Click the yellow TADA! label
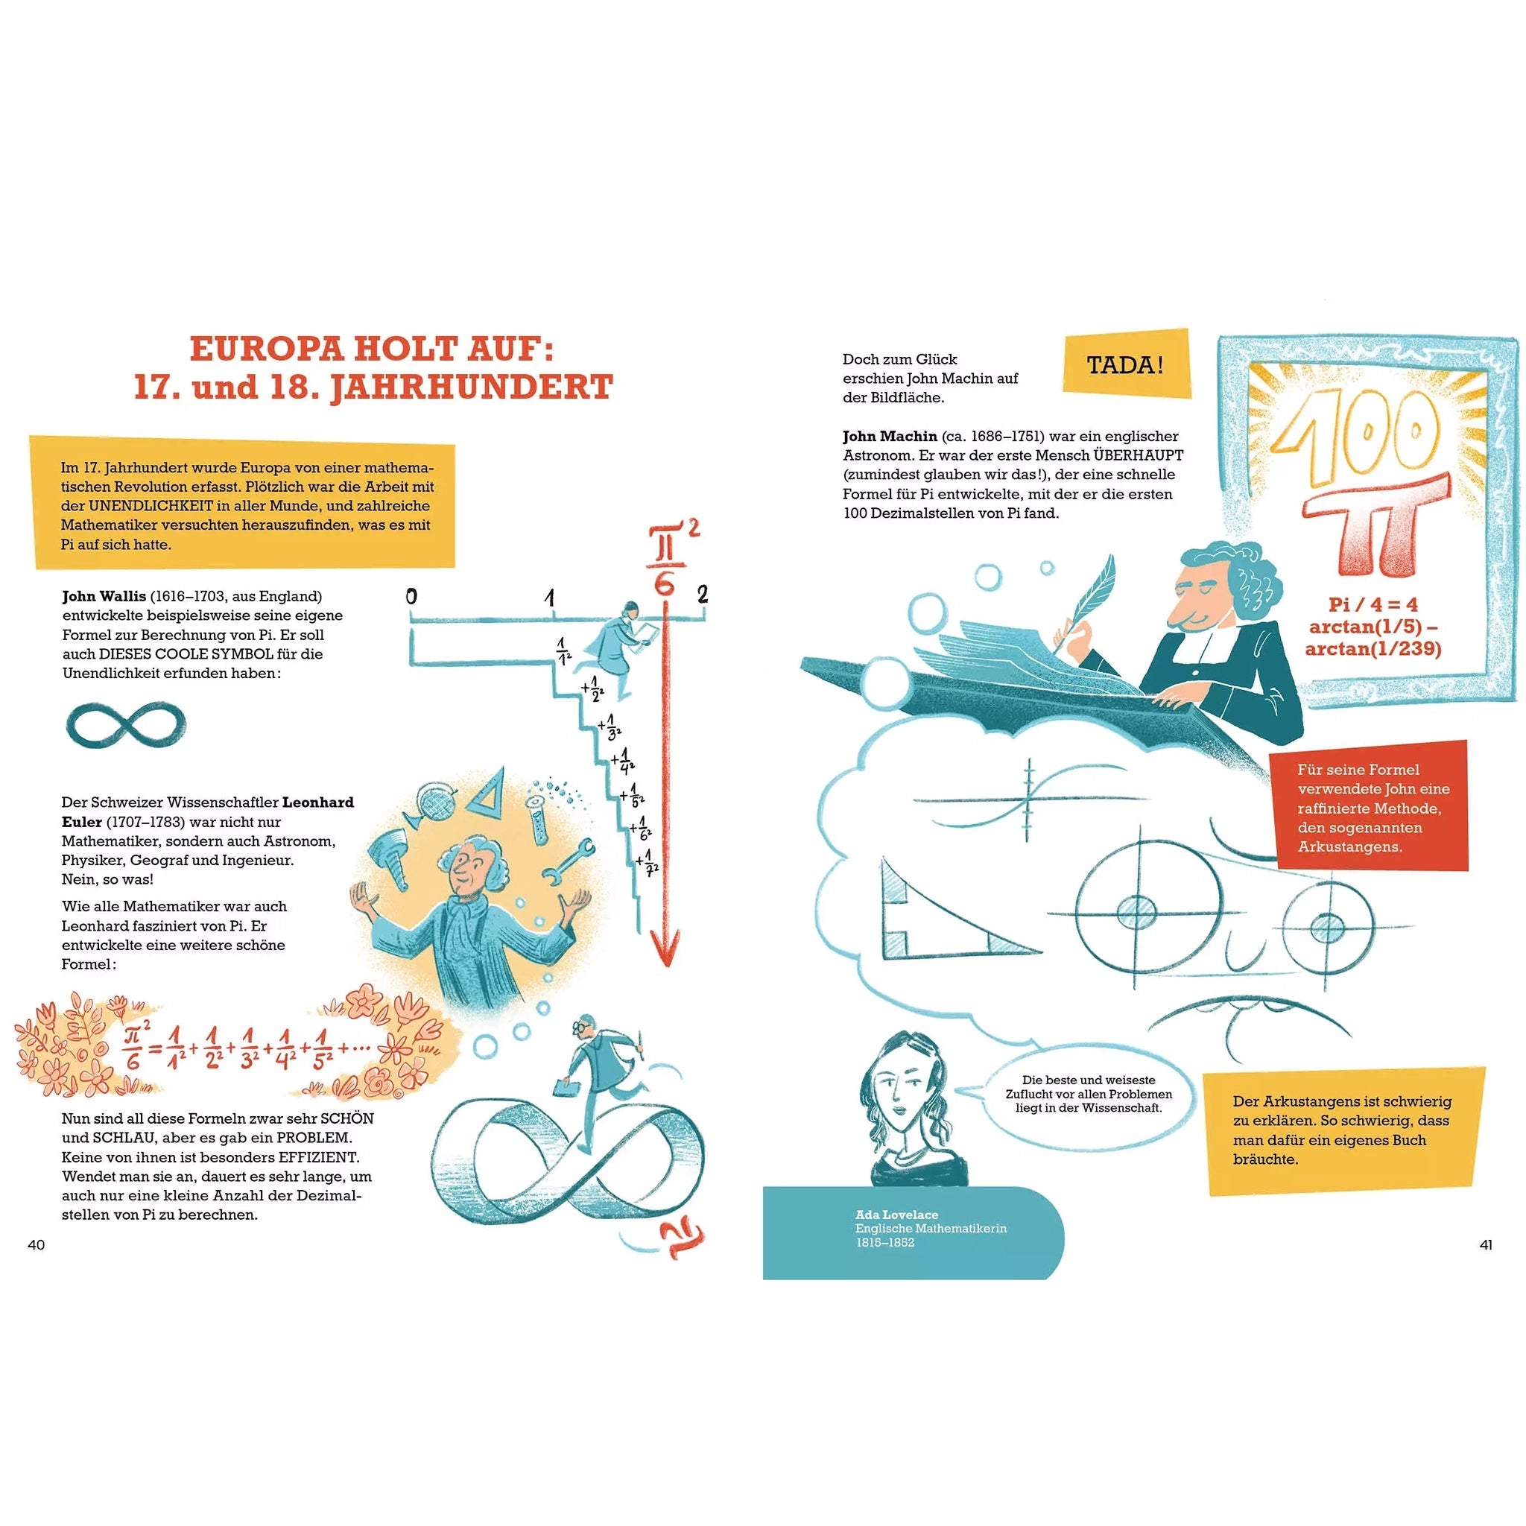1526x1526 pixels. tap(1127, 365)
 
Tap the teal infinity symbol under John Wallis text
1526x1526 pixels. tap(126, 724)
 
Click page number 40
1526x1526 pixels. tap(37, 1245)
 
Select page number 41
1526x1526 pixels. tap(1486, 1245)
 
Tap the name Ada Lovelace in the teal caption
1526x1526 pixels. tap(896, 1215)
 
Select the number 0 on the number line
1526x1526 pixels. tap(411, 595)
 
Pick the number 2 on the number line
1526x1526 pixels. tap(702, 593)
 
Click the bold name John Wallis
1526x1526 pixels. tap(104, 596)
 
